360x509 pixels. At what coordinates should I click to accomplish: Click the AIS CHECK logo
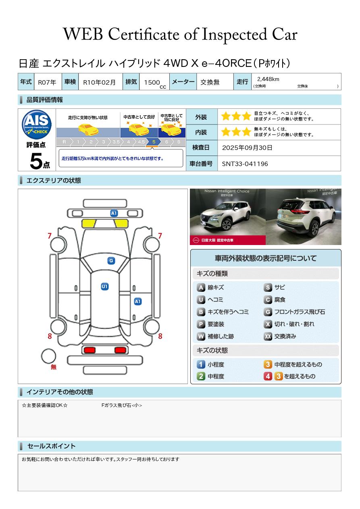37,124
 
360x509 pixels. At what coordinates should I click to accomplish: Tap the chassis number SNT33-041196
245,164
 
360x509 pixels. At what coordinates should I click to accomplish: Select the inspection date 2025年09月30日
247,148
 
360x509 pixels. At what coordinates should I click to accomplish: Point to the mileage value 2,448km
268,79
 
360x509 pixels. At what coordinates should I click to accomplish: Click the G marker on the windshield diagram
111,261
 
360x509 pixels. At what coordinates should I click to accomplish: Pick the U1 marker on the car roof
104,286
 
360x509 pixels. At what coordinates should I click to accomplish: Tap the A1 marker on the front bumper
114,213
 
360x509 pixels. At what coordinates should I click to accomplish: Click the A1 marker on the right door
138,301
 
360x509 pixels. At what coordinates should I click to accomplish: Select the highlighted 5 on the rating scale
154,142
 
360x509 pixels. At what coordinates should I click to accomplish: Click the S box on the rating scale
179,142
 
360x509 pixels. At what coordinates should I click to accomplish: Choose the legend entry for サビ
274,287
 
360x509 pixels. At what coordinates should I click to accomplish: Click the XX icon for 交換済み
268,336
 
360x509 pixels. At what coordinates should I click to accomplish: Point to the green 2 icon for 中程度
201,376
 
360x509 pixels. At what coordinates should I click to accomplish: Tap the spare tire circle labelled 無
48,356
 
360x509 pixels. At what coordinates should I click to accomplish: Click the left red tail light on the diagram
89,350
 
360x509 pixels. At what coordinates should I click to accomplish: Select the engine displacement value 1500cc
155,83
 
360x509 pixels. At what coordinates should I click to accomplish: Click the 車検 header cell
70,81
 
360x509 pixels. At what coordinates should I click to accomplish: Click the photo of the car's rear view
304,216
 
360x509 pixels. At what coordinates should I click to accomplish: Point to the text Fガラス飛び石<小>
122,405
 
